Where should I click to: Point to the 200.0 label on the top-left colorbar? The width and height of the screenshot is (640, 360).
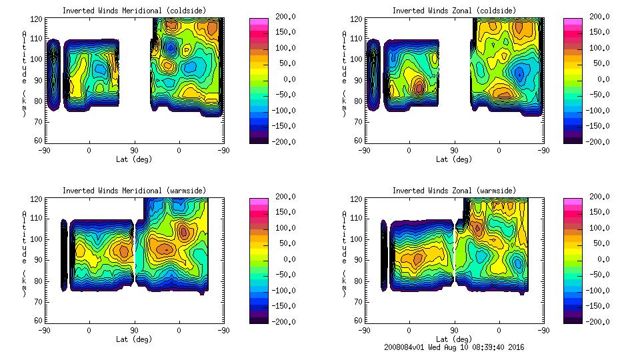(284, 17)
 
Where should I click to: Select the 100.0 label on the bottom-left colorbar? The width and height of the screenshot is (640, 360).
(284, 228)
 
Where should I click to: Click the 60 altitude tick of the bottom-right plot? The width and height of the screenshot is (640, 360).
(359, 321)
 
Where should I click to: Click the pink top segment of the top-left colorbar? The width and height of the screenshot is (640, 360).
(259, 21)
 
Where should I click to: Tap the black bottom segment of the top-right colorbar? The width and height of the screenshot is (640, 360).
(573, 139)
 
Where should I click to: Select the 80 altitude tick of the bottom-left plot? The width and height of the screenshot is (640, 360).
(37, 281)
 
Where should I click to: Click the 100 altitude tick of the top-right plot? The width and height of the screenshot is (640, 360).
(357, 59)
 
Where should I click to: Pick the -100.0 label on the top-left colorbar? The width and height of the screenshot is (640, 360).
(284, 110)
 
